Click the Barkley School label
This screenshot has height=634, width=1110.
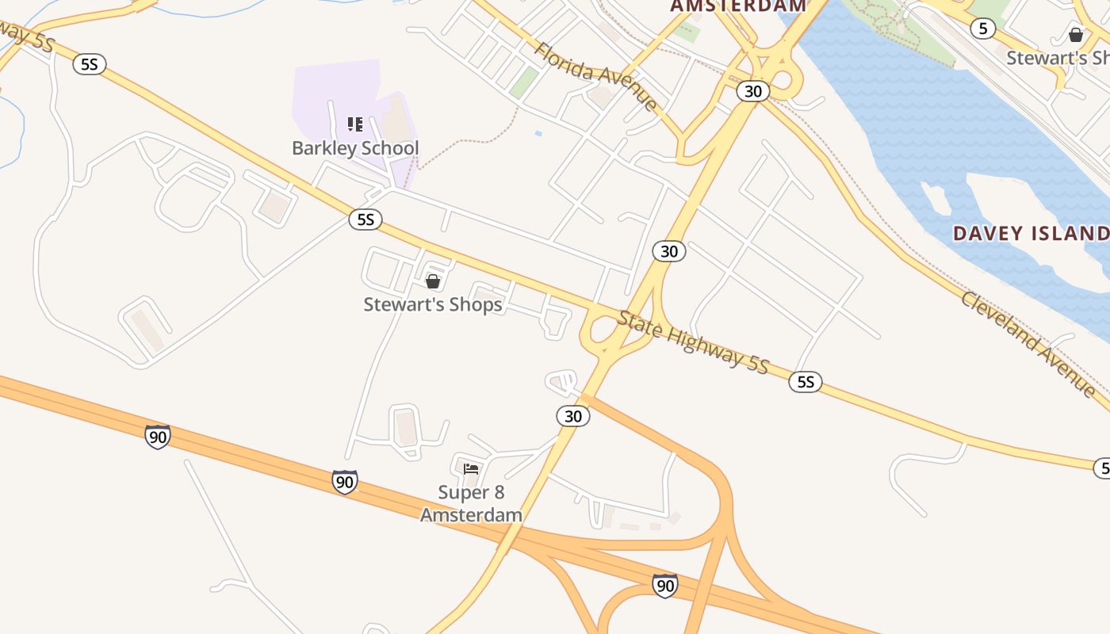(355, 148)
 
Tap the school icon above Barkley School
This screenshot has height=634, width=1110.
(355, 124)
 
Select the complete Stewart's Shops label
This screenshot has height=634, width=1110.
(433, 304)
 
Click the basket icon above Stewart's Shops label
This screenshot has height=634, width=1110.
(433, 281)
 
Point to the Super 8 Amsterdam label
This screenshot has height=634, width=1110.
(471, 504)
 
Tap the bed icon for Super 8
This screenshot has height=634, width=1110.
(471, 469)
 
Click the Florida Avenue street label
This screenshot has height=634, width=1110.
(595, 76)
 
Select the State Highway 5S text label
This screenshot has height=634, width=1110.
(693, 342)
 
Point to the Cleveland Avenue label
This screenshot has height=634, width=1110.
(1028, 343)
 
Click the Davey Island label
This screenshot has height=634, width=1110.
(1031, 234)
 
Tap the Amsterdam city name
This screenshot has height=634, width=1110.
(738, 6)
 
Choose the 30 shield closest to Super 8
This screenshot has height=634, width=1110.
(572, 416)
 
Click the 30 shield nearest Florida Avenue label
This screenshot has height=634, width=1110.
(752, 91)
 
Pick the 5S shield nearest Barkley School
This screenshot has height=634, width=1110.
(366, 220)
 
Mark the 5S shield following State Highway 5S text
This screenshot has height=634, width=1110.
(806, 383)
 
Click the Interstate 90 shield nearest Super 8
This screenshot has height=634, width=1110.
(344, 481)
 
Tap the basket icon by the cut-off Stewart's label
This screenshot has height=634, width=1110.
(1076, 35)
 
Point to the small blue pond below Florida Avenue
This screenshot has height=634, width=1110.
(538, 133)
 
